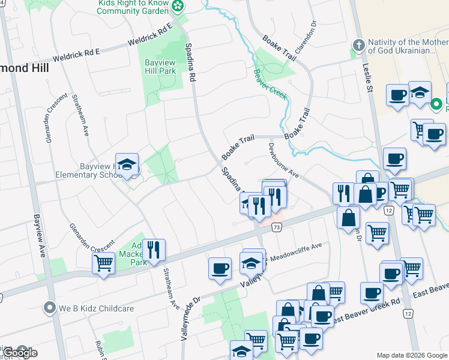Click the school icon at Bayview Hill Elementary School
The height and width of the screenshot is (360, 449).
coord(127,164)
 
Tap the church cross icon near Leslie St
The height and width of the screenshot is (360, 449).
coord(358,46)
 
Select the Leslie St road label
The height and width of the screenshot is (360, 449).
coord(368,78)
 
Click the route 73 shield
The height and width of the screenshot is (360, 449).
coord(276,227)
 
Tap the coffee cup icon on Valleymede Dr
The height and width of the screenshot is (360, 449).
coord(220,268)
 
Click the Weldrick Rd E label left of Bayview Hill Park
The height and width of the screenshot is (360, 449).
coord(76,56)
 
